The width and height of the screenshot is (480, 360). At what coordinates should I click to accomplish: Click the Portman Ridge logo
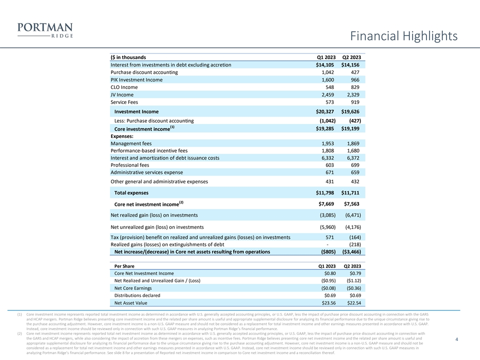coord(44,30)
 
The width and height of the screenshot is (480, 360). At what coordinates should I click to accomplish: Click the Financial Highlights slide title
coord(404,36)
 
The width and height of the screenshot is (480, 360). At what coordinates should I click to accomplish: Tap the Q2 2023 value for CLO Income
coord(353,87)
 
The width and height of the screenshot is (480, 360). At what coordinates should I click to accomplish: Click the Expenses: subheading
coord(122,136)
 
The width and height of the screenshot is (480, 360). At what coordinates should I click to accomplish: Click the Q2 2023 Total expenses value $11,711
coord(351,192)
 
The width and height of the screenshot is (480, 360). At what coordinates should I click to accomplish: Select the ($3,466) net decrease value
coord(351,251)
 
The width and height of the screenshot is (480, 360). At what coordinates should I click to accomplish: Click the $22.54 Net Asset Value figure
coord(353,302)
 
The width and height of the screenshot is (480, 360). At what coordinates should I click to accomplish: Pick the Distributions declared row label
coord(137,295)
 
